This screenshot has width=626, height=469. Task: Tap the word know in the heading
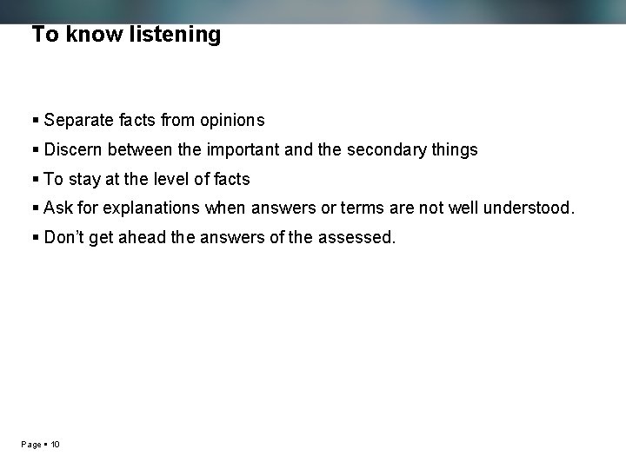click(89, 35)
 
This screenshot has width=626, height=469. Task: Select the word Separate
click(77, 120)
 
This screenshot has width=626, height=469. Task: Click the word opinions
click(231, 120)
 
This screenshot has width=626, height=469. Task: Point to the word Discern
click(74, 149)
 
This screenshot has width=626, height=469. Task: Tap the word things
click(455, 149)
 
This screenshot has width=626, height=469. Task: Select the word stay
click(83, 179)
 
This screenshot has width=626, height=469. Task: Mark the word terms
click(363, 208)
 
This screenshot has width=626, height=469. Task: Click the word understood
click(529, 208)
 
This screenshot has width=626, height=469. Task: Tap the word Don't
click(64, 237)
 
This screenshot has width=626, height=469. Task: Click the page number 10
click(55, 445)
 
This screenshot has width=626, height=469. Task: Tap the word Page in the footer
click(31, 445)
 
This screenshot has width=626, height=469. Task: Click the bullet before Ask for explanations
click(36, 208)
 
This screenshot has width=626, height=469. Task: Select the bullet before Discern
click(36, 149)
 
